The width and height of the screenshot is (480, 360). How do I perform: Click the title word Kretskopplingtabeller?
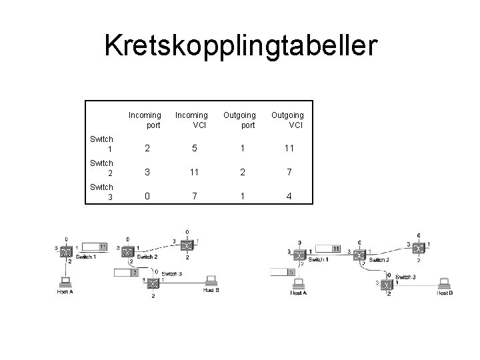[x=240, y=46]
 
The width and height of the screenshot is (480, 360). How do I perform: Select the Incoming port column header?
[x=145, y=120]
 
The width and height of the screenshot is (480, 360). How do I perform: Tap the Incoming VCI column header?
[x=191, y=120]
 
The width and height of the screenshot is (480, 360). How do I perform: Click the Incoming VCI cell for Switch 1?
[x=192, y=148]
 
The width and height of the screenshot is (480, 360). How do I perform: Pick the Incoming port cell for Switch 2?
[x=145, y=172]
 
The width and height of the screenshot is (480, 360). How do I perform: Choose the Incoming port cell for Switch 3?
[x=145, y=197]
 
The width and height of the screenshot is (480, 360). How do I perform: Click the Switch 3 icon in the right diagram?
[x=388, y=283]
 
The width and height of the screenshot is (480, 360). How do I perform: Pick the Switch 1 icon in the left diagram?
[x=65, y=252]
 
